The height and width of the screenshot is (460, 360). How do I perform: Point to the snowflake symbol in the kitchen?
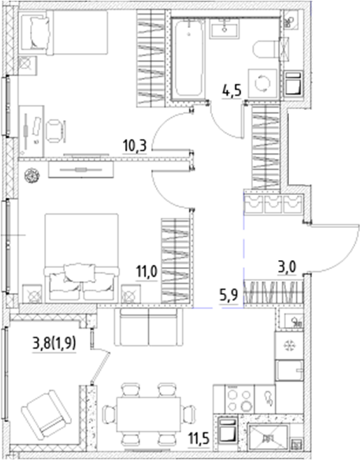(287, 345)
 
